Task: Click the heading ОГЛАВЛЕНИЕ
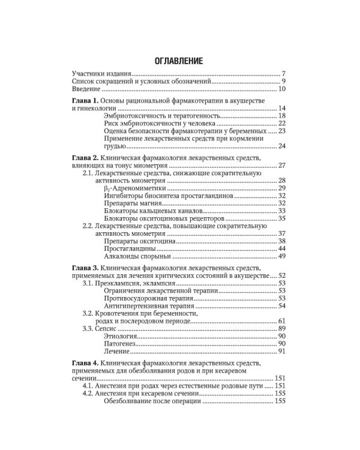179,61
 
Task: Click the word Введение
86,89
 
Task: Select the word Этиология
121,338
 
